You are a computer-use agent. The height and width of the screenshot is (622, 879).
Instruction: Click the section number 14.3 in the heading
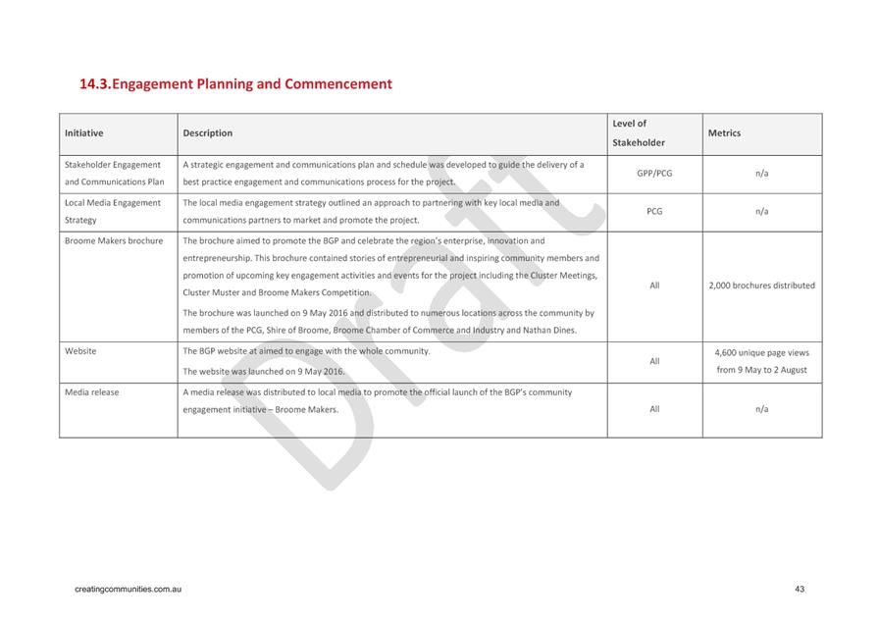[94, 84]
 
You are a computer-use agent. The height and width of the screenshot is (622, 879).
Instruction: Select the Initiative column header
[83, 133]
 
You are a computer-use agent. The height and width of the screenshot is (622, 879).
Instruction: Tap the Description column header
[207, 133]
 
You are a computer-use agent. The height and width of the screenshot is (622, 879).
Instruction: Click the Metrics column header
[724, 133]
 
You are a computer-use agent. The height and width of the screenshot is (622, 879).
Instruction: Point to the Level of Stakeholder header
[638, 133]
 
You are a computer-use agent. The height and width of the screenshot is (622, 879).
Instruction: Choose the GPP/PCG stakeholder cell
[654, 173]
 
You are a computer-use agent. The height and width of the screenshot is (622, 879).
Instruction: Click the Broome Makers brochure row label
[114, 240]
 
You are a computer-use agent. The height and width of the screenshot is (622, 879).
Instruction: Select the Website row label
[80, 350]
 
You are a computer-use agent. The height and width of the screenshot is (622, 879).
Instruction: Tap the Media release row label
[91, 392]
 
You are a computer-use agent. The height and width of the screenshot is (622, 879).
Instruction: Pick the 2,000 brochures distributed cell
[761, 285]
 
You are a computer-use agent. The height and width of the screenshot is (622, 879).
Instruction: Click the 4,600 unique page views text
[761, 352]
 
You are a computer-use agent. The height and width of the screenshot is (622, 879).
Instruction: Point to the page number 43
[800, 589]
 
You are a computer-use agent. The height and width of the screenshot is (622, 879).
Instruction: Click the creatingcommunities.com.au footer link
[129, 589]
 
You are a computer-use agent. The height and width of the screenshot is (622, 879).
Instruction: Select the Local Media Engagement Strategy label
[112, 211]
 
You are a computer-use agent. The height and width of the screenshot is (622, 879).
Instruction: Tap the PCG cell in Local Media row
[654, 211]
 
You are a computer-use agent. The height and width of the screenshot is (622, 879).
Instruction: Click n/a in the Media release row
[761, 409]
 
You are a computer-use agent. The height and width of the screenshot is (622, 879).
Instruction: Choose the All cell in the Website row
[654, 361]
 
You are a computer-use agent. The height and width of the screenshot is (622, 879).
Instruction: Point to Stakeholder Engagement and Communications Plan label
[114, 173]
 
